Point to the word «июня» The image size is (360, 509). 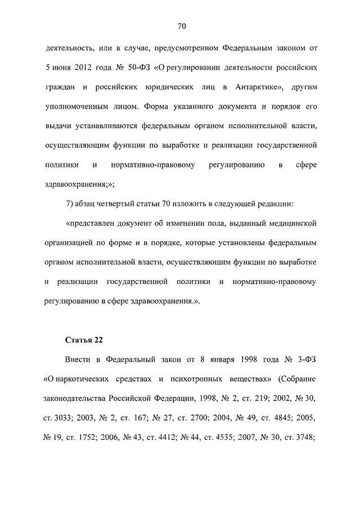pos(60,67)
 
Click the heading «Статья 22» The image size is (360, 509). pos(85,340)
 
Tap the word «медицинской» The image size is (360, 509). pos(287,224)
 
